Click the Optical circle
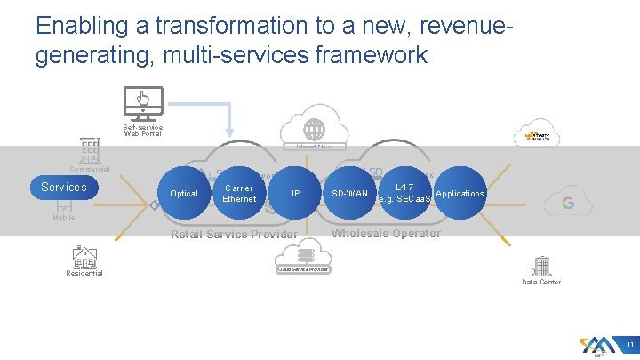point(184,193)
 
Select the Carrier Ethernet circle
point(240,193)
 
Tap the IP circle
point(296,193)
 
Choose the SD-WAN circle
point(349,193)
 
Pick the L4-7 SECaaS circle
point(404,193)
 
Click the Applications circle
point(460,193)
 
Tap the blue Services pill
point(64,187)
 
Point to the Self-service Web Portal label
point(142,130)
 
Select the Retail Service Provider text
point(234,235)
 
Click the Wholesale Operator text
point(386,234)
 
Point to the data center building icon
point(540,266)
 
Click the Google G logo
point(567,203)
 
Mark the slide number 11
point(628,345)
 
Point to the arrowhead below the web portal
point(230,132)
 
